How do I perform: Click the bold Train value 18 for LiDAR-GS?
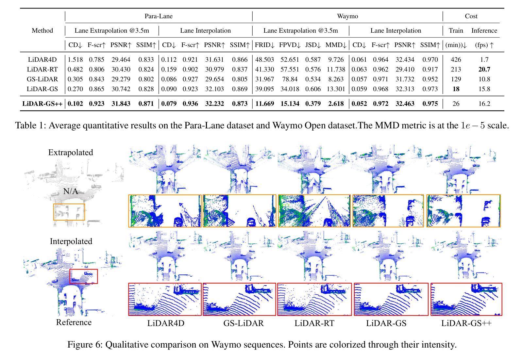(x=456, y=89)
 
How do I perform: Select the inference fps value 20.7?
(x=484, y=69)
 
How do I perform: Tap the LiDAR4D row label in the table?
(x=42, y=59)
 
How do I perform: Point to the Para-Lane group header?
(x=159, y=16)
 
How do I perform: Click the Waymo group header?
(x=347, y=16)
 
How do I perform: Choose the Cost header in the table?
(x=471, y=16)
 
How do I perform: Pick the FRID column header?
(x=265, y=45)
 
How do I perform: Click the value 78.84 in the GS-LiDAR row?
(x=288, y=79)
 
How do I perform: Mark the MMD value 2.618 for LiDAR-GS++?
(x=334, y=104)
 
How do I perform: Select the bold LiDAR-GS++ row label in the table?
(x=42, y=104)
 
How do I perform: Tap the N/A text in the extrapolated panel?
(x=71, y=191)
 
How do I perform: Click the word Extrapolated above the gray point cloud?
(x=71, y=152)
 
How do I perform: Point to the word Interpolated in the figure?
(x=71, y=241)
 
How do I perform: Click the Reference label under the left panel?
(x=74, y=322)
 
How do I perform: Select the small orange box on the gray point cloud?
(x=69, y=212)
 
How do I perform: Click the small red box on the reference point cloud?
(x=84, y=276)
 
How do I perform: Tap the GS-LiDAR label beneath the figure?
(x=244, y=323)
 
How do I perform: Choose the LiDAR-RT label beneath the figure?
(x=314, y=323)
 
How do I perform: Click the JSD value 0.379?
(x=312, y=104)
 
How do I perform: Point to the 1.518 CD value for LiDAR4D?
(x=75, y=59)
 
